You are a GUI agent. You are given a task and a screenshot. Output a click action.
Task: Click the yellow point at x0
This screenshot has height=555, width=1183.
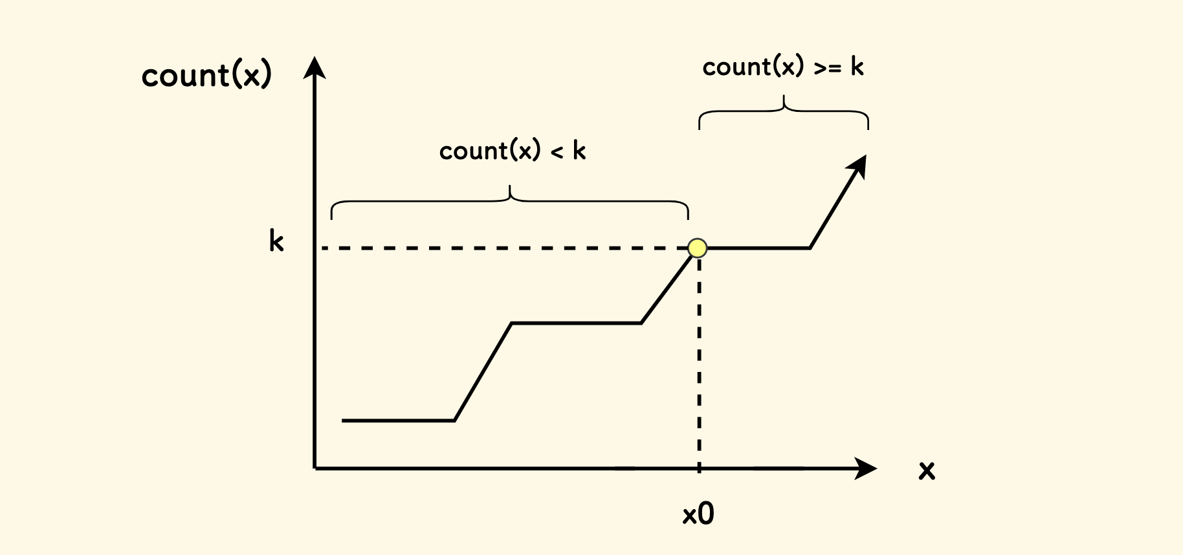697,248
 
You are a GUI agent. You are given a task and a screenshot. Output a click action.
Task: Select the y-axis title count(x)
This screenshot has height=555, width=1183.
206,75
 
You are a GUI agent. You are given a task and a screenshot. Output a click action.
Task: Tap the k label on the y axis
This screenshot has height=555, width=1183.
276,241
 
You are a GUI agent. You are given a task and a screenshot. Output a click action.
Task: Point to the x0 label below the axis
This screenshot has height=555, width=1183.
698,514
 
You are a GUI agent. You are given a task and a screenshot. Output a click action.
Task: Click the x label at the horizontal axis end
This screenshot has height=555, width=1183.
927,470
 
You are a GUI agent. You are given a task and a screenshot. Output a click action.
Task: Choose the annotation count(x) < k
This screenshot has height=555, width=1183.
512,151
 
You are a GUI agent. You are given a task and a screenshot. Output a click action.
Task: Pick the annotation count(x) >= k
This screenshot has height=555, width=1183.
782,67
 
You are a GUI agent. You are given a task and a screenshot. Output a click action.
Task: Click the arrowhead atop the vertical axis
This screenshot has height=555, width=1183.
315,67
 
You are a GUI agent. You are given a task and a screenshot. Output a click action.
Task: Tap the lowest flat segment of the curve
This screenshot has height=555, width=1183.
398,420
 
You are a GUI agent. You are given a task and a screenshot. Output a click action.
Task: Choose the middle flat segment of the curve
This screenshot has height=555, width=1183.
576,323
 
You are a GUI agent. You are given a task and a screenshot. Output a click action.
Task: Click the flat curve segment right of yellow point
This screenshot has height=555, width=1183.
757,248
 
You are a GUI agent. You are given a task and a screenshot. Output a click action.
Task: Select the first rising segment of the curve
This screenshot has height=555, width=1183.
483,372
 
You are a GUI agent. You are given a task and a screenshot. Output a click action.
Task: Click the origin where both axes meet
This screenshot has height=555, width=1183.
315,468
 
